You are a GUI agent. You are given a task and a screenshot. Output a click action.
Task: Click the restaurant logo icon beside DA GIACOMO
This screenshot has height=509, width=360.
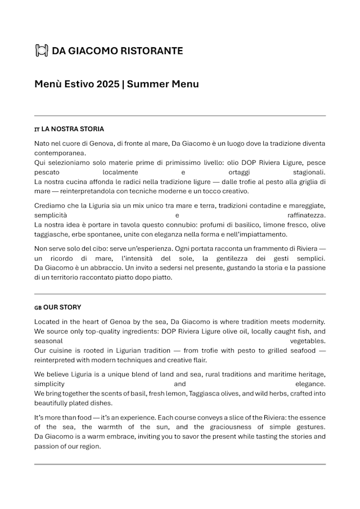tap(41, 51)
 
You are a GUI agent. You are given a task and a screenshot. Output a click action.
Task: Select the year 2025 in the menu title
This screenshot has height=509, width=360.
tap(107, 84)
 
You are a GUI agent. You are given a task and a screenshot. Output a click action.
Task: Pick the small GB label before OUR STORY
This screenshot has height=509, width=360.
tap(38, 308)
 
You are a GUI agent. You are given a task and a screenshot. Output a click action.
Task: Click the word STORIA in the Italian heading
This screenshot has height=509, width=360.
tap(93, 129)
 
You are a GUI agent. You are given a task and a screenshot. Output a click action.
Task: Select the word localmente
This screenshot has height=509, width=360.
tap(120, 172)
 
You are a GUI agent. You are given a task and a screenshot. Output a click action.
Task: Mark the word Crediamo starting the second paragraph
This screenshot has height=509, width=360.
tap(51, 206)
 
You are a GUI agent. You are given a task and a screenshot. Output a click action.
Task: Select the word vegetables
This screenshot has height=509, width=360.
tap(308, 341)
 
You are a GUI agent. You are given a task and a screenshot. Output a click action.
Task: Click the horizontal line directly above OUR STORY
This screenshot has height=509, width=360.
tap(180, 294)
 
